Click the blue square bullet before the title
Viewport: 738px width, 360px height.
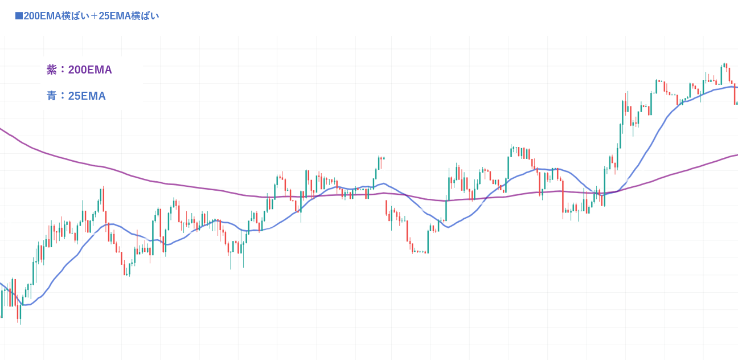point(19,16)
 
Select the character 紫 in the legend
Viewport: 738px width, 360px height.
point(51,69)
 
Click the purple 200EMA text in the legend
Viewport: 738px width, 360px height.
point(90,69)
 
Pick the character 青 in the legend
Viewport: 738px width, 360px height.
point(51,96)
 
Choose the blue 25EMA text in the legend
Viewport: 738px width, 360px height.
point(87,96)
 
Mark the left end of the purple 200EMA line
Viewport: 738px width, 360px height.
point(1,129)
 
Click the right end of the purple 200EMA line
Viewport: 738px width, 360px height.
point(737,155)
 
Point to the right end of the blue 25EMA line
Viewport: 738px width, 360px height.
point(737,87)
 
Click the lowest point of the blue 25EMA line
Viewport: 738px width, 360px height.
point(24,305)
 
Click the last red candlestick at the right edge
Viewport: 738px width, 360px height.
point(735,94)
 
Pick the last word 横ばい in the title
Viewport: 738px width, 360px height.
point(145,16)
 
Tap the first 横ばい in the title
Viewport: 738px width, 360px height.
point(75,16)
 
